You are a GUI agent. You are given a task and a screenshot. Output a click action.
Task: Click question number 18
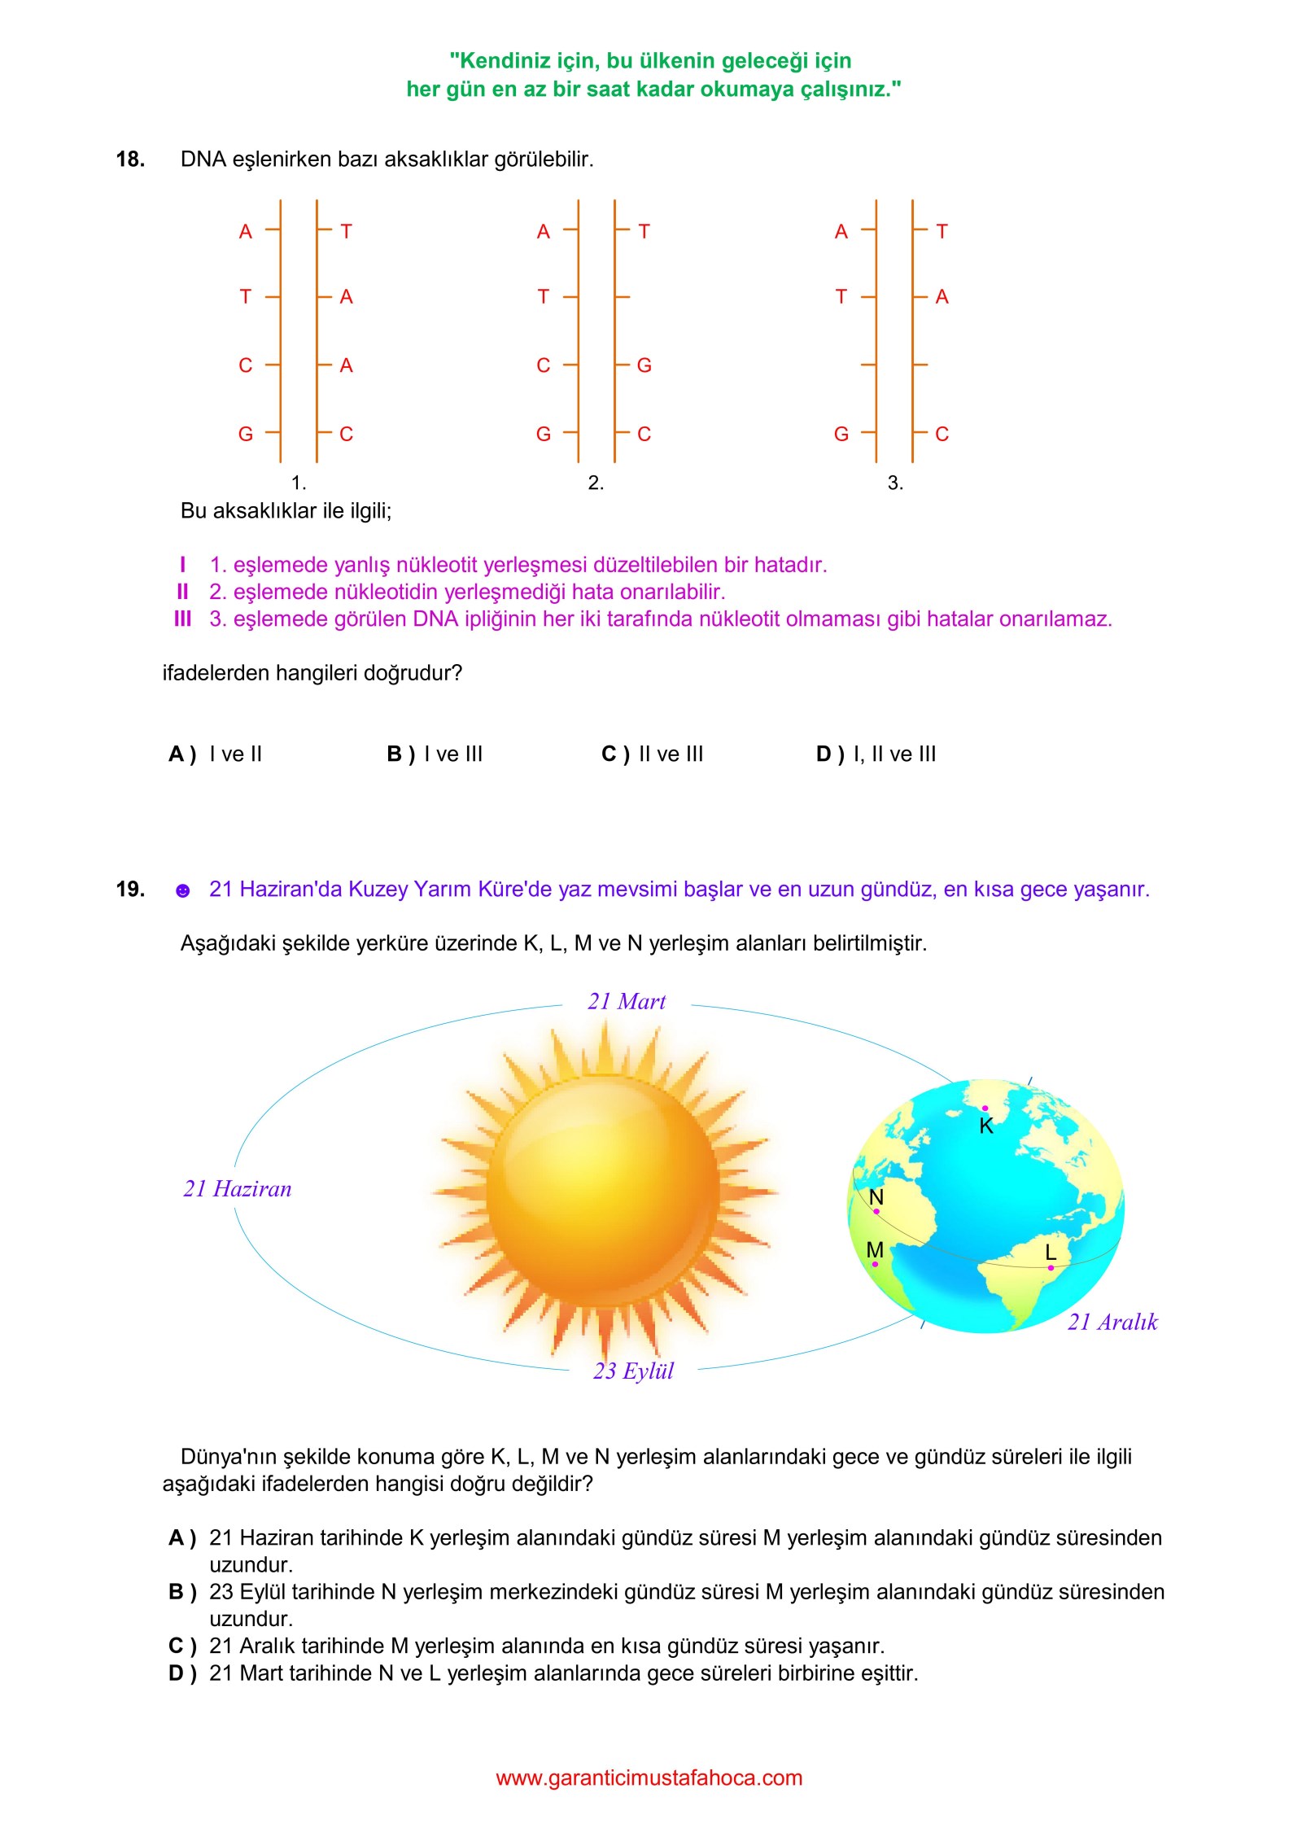(130, 160)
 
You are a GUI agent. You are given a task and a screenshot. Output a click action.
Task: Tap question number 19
(130, 889)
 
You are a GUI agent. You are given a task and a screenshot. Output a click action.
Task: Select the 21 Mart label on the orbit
(627, 1002)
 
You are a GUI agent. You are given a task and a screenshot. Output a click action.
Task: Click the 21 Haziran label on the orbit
(237, 1189)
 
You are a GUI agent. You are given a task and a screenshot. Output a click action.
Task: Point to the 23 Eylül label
(633, 1371)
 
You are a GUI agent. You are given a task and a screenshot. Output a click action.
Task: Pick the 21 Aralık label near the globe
(1112, 1323)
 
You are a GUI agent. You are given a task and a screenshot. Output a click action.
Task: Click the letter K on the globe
(986, 1126)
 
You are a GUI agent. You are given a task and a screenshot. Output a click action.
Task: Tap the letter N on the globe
(876, 1197)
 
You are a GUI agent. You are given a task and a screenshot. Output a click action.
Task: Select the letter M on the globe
(875, 1250)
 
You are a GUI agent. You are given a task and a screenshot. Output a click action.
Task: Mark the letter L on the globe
(1051, 1253)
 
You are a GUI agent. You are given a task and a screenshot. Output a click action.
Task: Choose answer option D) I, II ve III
(876, 754)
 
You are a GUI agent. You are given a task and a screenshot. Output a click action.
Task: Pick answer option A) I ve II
(216, 754)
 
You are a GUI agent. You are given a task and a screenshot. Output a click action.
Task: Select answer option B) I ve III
(435, 754)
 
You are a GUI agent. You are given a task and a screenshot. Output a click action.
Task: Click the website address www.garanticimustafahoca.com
(649, 1778)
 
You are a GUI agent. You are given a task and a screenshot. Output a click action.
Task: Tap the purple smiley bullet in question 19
(183, 890)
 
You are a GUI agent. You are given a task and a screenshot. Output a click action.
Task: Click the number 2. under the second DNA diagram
(596, 483)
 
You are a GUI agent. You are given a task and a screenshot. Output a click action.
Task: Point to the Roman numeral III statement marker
(182, 619)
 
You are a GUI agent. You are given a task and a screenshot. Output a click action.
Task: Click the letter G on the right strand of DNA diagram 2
(644, 365)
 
